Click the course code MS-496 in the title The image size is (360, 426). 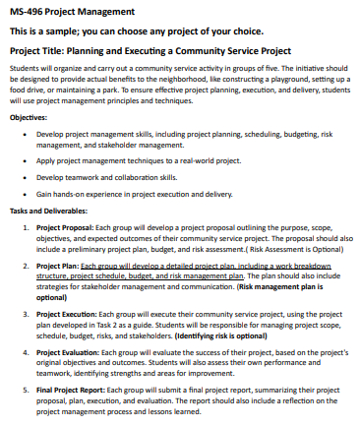tap(30, 12)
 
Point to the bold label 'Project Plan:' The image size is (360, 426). tap(57, 266)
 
